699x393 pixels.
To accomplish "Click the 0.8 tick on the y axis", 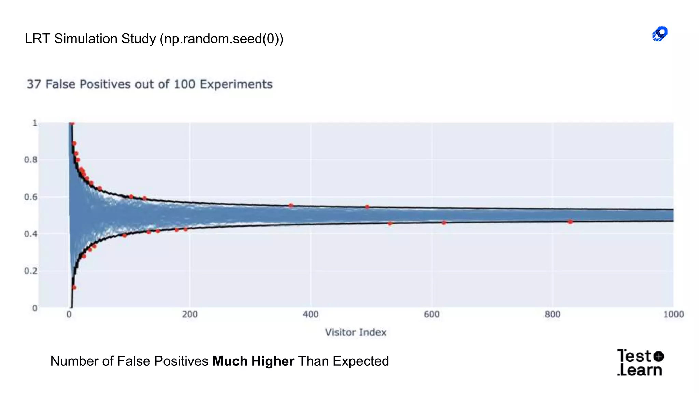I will (x=30, y=160).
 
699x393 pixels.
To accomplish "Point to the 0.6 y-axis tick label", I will (x=30, y=197).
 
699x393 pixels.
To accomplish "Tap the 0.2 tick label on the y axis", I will (x=30, y=271).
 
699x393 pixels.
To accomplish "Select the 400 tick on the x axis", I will (x=311, y=314).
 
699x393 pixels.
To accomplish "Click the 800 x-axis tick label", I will (x=552, y=314).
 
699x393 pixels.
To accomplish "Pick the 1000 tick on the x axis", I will (x=673, y=314).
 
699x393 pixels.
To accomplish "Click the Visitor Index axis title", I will (x=355, y=332).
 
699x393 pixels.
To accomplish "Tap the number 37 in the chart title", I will (x=34, y=84).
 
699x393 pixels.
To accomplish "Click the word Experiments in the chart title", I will (x=236, y=84).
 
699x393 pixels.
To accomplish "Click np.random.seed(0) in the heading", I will (x=222, y=39).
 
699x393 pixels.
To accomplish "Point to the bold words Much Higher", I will (x=253, y=361).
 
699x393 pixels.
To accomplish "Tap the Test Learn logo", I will (x=640, y=363).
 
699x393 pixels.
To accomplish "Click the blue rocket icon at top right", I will (x=660, y=34).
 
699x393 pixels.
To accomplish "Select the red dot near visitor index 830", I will (x=570, y=222).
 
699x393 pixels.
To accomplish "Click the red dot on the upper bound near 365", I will (x=291, y=206).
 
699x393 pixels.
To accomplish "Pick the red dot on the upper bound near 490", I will (x=367, y=207).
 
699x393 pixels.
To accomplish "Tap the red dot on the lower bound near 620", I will (x=444, y=223).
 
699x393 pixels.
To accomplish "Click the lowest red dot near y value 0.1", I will (x=74, y=288).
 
